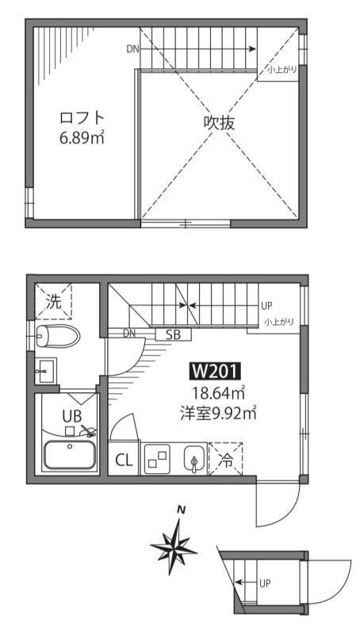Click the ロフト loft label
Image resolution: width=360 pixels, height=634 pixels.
click(x=82, y=118)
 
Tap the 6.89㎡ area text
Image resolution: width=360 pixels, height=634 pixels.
click(x=82, y=138)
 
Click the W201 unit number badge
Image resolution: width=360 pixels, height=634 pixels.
click(x=216, y=371)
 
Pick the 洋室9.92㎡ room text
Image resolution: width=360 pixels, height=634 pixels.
click(x=216, y=412)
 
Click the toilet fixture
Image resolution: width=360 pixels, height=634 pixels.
click(x=57, y=335)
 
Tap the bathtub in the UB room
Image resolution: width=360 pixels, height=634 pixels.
click(x=69, y=456)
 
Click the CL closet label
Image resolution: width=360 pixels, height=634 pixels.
click(x=124, y=460)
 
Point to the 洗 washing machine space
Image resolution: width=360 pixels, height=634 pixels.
click(x=52, y=301)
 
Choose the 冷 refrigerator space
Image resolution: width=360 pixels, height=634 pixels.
click(x=226, y=460)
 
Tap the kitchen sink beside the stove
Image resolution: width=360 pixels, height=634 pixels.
click(x=193, y=460)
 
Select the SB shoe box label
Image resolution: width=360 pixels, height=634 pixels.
click(x=173, y=334)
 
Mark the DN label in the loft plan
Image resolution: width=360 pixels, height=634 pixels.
click(x=132, y=48)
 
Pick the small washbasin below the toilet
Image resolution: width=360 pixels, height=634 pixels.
click(x=45, y=368)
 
